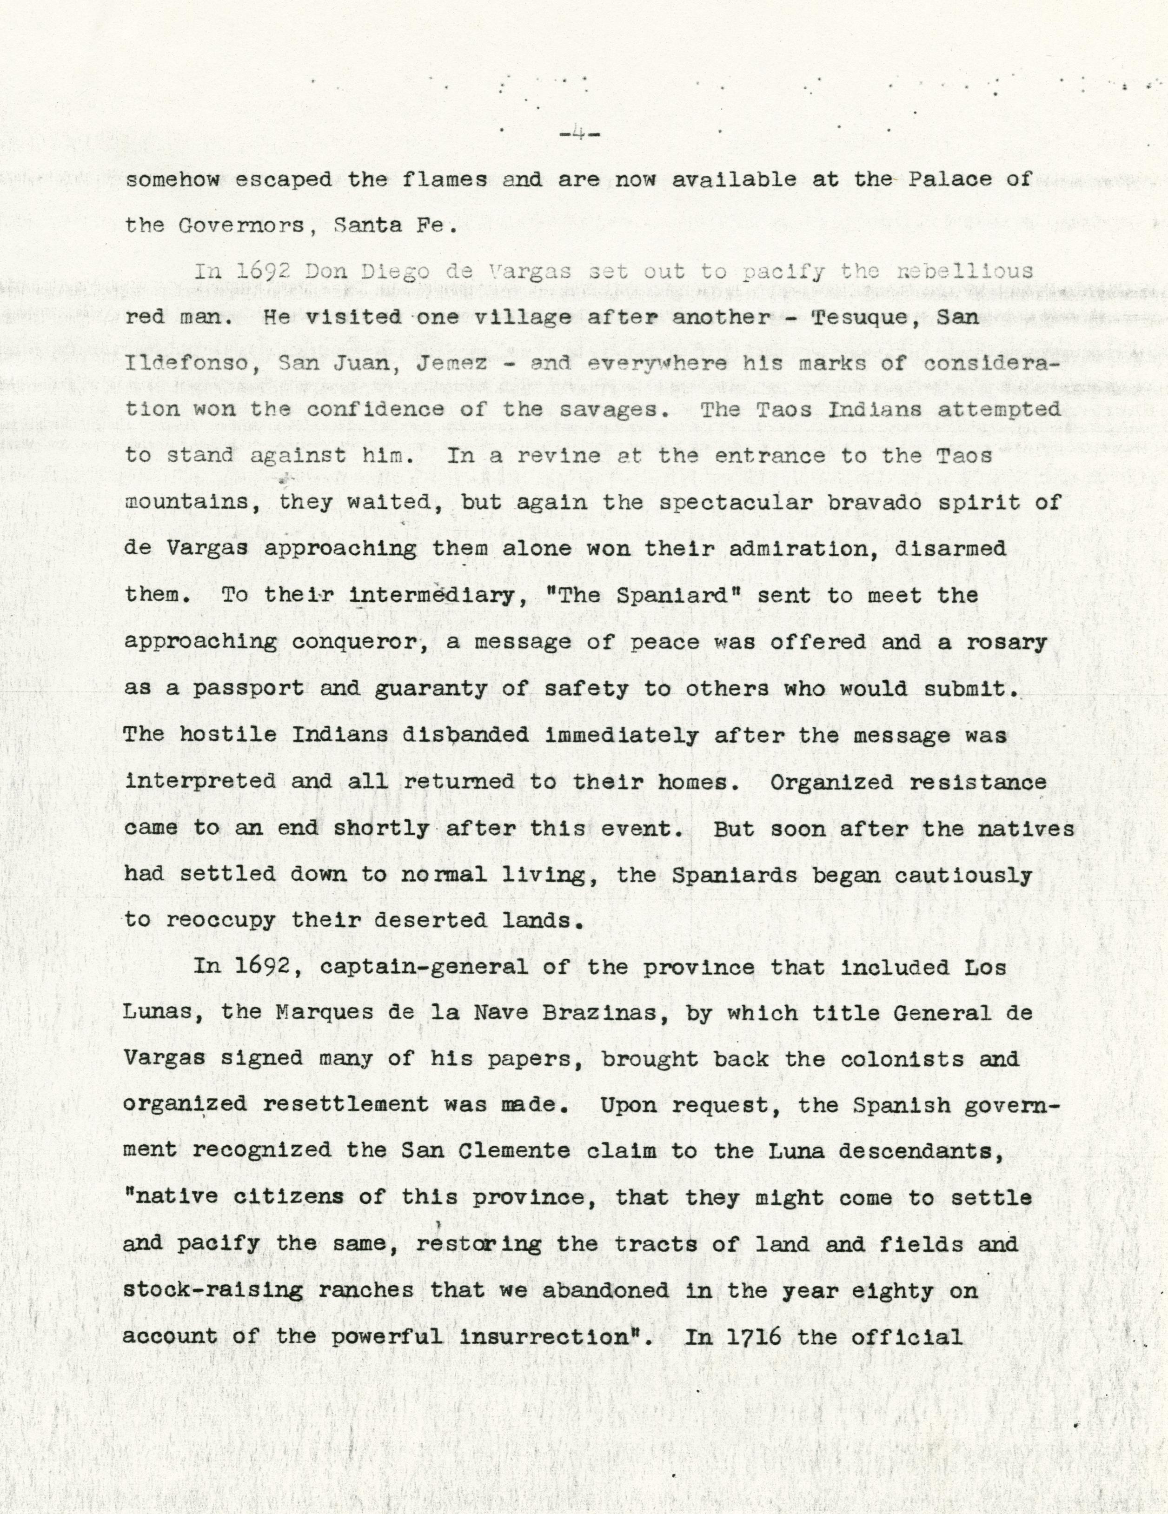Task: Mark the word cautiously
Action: pyautogui.click(x=963, y=874)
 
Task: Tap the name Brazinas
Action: pyautogui.click(x=600, y=1013)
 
